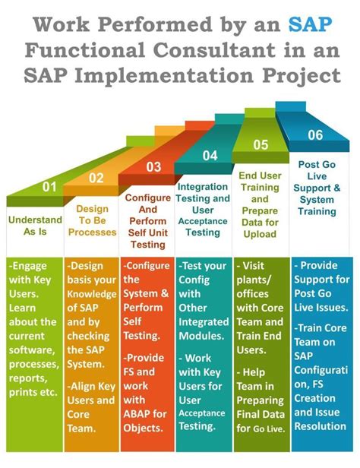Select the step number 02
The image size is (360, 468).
pos(96,178)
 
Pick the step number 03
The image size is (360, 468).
pos(153,166)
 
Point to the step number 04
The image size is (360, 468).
pos(210,156)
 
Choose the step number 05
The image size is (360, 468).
pos(261,144)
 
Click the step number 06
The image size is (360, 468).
pos(315,134)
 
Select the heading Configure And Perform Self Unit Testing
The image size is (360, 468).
pos(147,221)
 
